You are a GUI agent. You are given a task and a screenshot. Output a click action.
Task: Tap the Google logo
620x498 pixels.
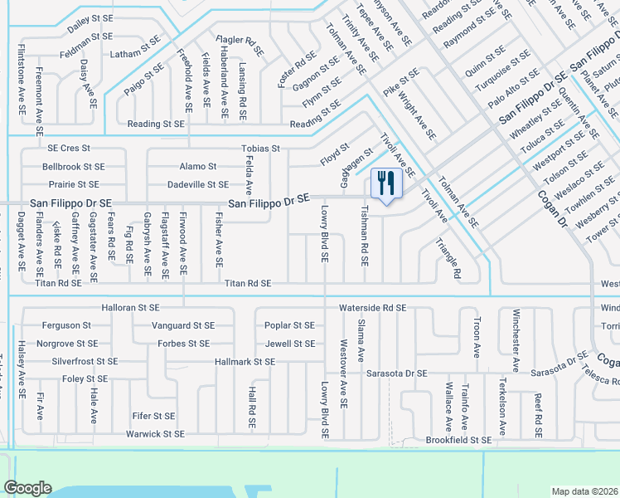(x=27, y=488)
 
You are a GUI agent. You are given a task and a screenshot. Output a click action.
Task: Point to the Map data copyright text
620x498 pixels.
(x=584, y=491)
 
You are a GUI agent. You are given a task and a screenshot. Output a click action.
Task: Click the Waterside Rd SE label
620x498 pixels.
(x=372, y=308)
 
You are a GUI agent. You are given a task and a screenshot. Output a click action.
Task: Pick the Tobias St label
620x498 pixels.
(x=260, y=149)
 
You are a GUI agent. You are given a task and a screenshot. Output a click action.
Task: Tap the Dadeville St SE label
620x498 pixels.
(x=197, y=184)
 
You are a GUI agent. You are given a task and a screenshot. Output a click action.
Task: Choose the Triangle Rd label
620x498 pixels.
(x=448, y=258)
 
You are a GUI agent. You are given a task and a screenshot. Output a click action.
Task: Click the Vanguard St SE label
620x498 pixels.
(x=183, y=325)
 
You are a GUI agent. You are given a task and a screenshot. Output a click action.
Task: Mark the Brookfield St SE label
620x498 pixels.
(x=458, y=440)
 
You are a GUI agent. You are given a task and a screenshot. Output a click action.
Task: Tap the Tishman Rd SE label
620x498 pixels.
(x=364, y=237)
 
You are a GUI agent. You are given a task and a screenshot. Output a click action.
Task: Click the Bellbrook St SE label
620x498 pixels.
(x=73, y=167)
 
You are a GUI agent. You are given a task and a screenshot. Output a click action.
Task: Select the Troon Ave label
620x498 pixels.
(x=477, y=336)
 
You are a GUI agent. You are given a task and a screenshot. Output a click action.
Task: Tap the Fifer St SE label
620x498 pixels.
(x=153, y=416)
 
